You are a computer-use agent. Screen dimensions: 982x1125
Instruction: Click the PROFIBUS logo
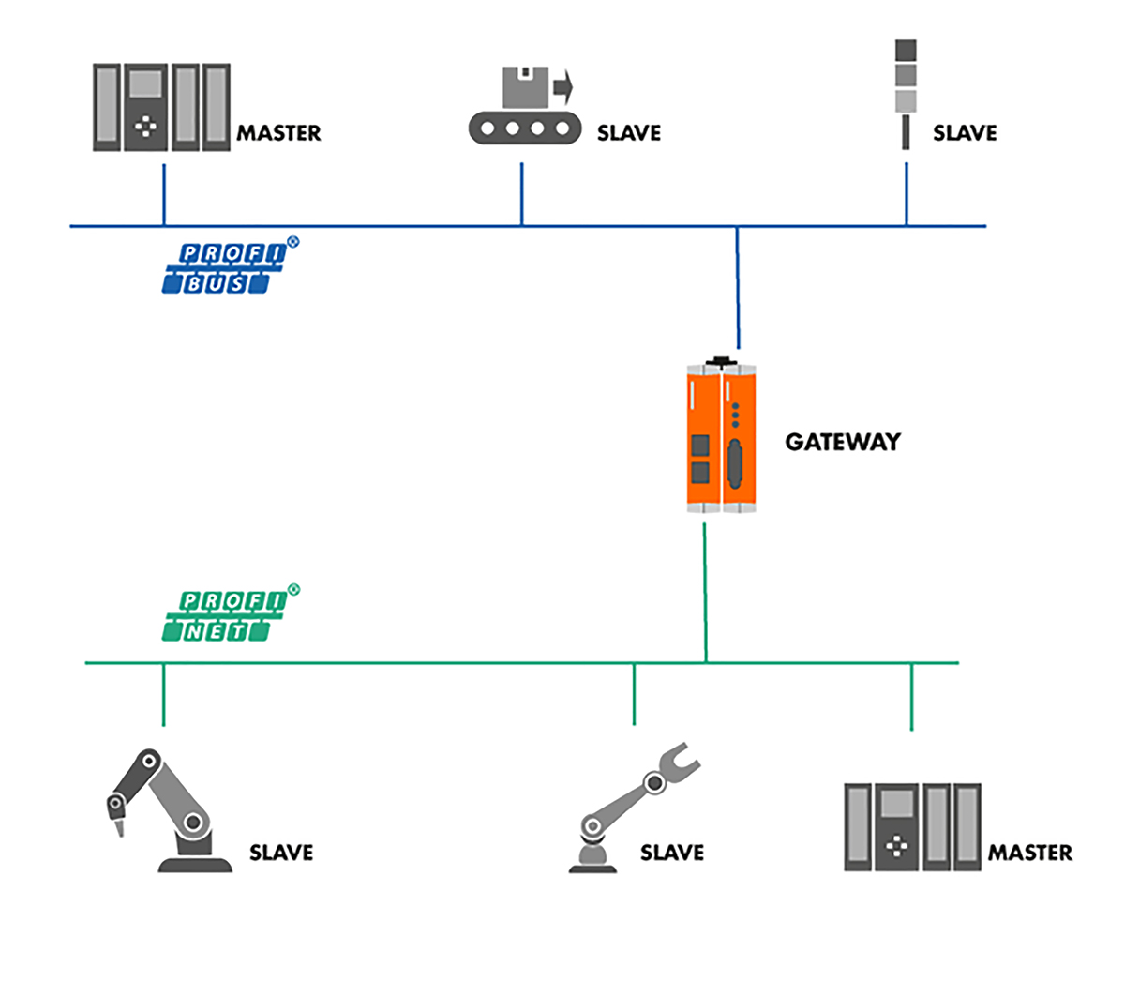tap(225, 267)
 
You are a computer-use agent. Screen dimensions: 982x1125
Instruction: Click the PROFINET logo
tap(225, 615)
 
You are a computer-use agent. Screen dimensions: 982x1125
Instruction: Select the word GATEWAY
tap(842, 442)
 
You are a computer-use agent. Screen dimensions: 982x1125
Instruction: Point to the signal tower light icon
tap(906, 94)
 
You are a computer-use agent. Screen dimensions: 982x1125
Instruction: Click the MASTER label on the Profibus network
tap(278, 133)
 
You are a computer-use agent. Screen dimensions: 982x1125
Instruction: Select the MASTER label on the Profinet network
tap(1029, 853)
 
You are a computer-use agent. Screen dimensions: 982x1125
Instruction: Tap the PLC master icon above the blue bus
tap(161, 107)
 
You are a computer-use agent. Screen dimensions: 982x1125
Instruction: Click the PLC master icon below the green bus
tap(911, 827)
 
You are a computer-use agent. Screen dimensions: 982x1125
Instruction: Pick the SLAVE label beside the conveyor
tap(628, 133)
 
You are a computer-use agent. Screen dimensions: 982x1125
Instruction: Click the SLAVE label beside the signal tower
tap(965, 133)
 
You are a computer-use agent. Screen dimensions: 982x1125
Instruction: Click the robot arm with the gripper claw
tap(628, 807)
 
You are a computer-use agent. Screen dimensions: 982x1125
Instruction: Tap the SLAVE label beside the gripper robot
tap(671, 853)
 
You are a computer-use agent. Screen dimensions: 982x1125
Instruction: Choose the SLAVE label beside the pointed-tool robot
tap(280, 853)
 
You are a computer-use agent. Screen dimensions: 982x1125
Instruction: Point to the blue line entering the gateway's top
tap(738, 291)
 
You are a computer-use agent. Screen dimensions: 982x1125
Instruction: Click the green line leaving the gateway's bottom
tap(705, 591)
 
